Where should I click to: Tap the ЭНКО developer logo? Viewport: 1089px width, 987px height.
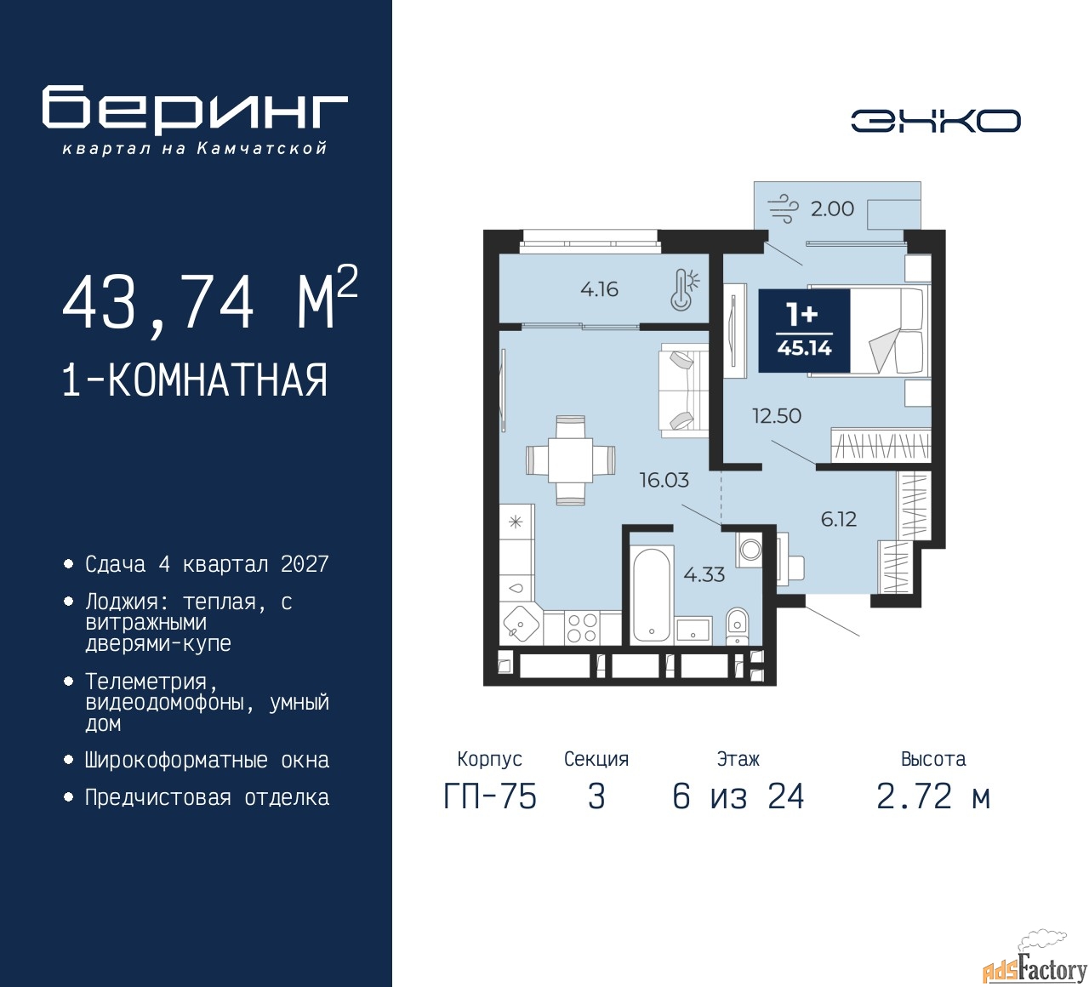pos(935,121)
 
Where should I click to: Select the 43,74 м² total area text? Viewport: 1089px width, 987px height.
pos(210,301)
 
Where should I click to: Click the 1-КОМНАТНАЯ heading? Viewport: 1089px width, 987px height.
pos(196,380)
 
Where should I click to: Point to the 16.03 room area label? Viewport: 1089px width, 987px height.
pos(664,480)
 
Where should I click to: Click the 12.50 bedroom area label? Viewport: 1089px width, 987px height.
pos(776,416)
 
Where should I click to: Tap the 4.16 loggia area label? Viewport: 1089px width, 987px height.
pos(599,289)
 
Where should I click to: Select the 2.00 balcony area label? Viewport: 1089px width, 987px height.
pos(832,209)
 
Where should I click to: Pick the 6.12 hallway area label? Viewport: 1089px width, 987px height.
pos(839,519)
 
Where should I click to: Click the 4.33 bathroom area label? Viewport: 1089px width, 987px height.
pos(704,574)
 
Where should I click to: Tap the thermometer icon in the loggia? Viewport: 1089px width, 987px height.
pos(684,290)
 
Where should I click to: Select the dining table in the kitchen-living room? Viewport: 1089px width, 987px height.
pos(571,460)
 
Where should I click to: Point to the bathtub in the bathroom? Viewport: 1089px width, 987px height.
pos(651,596)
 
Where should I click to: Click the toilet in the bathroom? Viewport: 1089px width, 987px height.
pos(737,625)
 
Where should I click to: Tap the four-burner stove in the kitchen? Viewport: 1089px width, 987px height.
pos(581,627)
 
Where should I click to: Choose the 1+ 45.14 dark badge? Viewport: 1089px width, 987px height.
pos(804,331)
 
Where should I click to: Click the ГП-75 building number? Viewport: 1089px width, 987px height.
pos(490,797)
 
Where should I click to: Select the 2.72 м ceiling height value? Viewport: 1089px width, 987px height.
pos(933,797)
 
